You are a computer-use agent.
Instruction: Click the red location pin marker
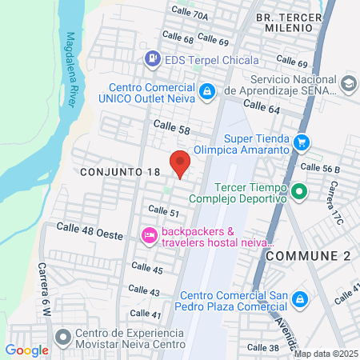pyautogui.click(x=180, y=162)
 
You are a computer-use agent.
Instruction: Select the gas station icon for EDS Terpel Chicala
pyautogui.click(x=151, y=59)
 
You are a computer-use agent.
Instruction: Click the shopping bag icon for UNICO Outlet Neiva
pyautogui.click(x=206, y=91)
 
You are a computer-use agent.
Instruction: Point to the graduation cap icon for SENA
pyautogui.click(x=348, y=84)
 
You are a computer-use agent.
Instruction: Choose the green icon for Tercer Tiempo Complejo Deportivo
pyautogui.click(x=298, y=191)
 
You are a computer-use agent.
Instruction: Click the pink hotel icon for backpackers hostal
pyautogui.click(x=148, y=234)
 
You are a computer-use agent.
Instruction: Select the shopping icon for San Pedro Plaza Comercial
pyautogui.click(x=299, y=299)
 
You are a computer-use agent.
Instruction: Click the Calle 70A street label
pyautogui.click(x=190, y=14)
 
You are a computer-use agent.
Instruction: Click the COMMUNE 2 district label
pyautogui.click(x=307, y=254)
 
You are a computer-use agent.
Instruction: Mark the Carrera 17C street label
pyautogui.click(x=331, y=202)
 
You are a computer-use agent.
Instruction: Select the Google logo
pyautogui.click(x=26, y=350)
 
